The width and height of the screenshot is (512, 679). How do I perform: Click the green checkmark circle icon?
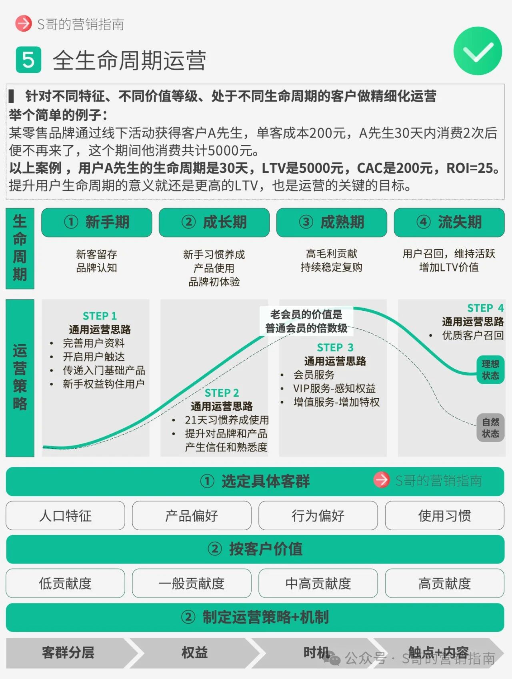[478, 51]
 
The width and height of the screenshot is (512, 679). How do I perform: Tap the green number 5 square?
[28, 60]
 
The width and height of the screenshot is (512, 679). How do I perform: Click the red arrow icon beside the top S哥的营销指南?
[23, 24]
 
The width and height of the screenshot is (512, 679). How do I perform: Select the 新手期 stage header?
[97, 222]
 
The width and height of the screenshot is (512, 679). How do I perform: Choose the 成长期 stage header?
[214, 222]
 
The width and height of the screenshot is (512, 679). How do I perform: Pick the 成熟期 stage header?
[332, 222]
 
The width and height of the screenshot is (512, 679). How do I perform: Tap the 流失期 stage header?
[449, 222]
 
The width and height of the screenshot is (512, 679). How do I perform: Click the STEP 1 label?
[100, 316]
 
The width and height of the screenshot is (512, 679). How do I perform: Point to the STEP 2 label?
[222, 393]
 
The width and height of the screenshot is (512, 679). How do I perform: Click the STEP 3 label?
[335, 347]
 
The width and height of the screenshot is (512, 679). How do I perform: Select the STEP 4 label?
[485, 308]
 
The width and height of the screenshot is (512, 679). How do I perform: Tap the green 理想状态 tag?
[490, 370]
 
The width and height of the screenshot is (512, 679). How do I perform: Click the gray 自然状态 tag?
[490, 428]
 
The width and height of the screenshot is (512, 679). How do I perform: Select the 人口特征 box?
[65, 515]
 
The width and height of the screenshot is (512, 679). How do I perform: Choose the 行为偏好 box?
[318, 515]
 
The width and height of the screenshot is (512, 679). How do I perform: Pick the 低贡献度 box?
[65, 583]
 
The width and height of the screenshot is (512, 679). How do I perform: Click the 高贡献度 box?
[444, 583]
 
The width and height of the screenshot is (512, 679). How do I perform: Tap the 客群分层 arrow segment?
[68, 653]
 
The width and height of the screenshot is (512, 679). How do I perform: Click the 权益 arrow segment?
[194, 653]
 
